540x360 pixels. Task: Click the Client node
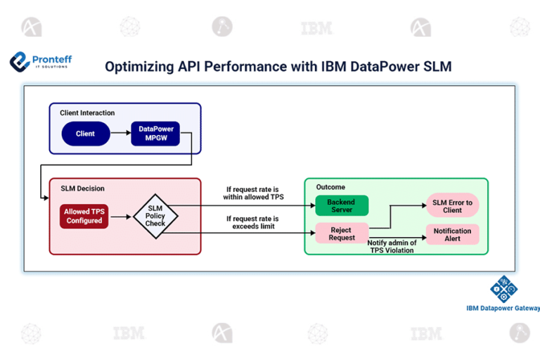(x=86, y=134)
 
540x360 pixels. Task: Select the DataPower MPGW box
(x=155, y=134)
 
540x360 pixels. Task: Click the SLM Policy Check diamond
(x=155, y=216)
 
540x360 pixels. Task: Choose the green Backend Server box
(x=342, y=206)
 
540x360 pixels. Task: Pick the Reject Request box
(x=342, y=233)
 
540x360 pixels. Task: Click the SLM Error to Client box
(x=452, y=206)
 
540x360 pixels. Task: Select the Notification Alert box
(x=452, y=234)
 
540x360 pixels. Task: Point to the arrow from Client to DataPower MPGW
(x=120, y=134)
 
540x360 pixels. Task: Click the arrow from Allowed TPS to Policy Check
(x=121, y=216)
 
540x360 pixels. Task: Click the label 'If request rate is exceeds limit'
(x=252, y=222)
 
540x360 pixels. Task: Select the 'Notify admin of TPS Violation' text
(x=392, y=246)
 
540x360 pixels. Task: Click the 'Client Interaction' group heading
(x=87, y=112)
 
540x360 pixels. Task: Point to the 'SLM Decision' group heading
(x=82, y=188)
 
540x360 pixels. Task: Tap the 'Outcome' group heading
(x=330, y=187)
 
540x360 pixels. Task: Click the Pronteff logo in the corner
(x=41, y=62)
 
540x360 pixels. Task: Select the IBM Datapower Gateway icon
(x=503, y=289)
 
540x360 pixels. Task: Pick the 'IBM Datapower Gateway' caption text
(x=503, y=308)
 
